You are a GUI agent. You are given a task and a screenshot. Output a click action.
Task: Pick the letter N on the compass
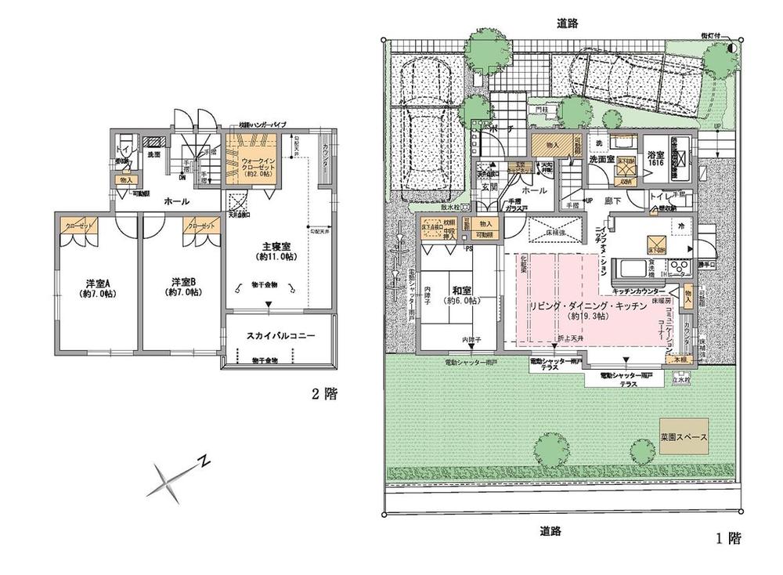point(203,460)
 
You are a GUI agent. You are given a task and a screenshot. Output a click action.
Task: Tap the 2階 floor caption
point(325,394)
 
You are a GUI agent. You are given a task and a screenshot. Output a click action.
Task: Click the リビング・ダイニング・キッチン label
point(587,308)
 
